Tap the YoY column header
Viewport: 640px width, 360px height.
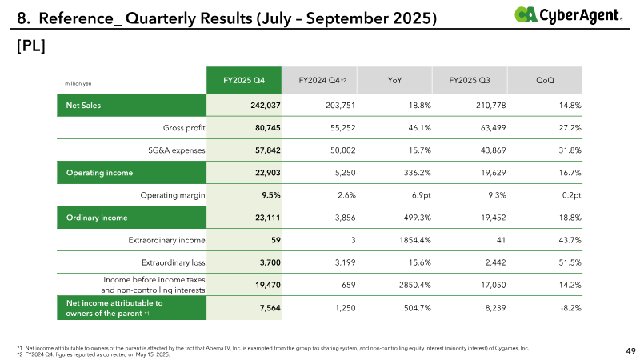tap(394, 80)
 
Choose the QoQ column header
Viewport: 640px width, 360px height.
tap(546, 80)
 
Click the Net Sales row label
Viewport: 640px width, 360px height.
tap(78, 105)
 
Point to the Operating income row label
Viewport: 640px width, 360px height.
tap(100, 172)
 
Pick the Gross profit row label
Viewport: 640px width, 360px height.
tap(178, 127)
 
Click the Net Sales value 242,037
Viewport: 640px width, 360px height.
tap(262, 105)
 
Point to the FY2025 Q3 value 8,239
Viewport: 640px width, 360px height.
tap(489, 307)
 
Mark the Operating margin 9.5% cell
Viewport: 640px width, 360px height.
tap(268, 194)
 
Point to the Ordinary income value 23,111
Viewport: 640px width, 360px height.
tap(264, 217)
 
